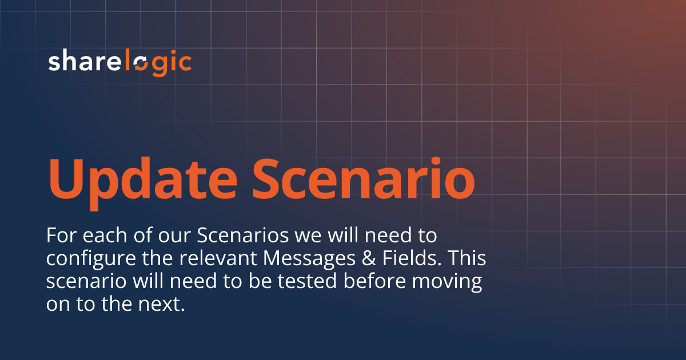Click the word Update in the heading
pos(143,178)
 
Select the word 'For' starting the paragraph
pos(58,235)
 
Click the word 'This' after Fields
pos(468,258)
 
